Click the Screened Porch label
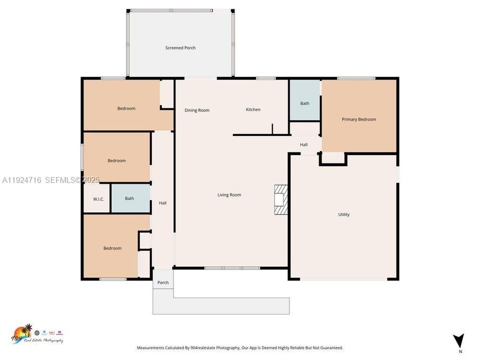tap(180, 48)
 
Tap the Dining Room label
tap(197, 110)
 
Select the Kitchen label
tap(253, 109)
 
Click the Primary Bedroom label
tap(359, 119)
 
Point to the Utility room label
tap(344, 214)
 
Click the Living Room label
tap(229, 195)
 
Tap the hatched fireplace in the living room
tap(281, 200)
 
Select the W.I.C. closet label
tap(98, 199)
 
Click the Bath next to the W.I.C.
tap(129, 198)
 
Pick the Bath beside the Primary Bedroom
tap(304, 103)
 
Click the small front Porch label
tap(163, 282)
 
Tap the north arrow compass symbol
tap(458, 341)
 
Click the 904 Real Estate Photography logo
tap(37, 333)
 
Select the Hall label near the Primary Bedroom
tap(303, 145)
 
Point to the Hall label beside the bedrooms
tap(162, 203)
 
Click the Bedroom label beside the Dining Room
tap(126, 108)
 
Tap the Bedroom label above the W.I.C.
tap(116, 160)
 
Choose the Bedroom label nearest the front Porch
tap(112, 248)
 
